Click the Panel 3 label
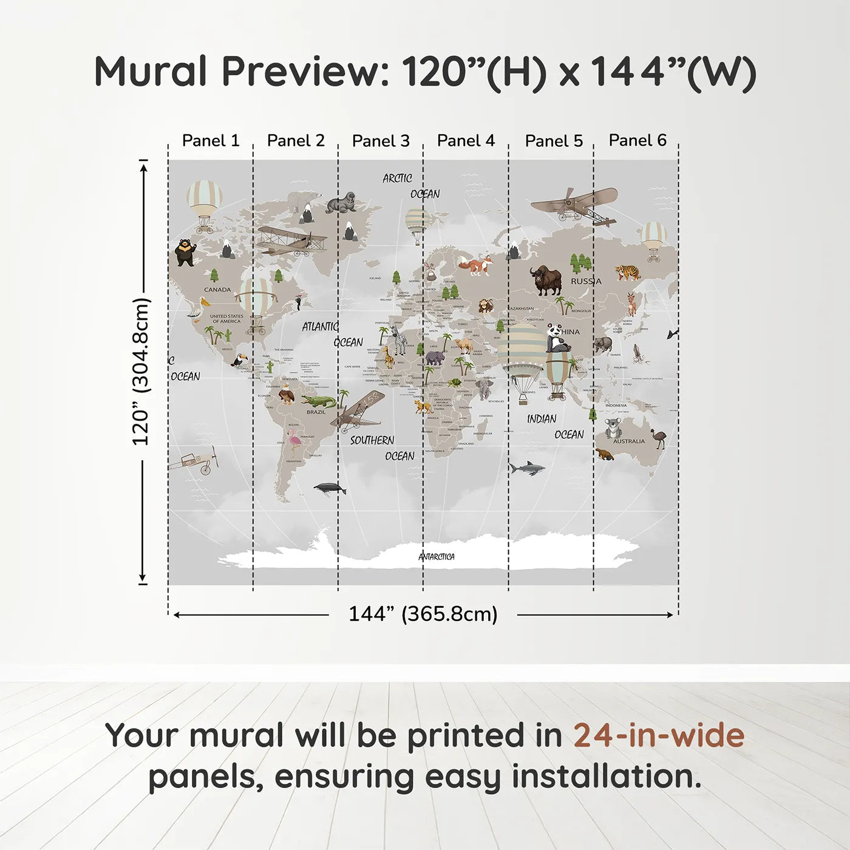click(381, 141)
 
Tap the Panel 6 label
click(637, 140)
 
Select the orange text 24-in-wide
click(659, 735)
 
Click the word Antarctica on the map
click(437, 556)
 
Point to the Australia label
click(629, 441)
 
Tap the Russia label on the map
click(586, 281)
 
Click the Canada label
click(217, 290)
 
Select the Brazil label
click(316, 412)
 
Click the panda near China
click(557, 339)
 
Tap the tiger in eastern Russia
click(627, 272)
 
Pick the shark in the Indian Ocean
click(526, 468)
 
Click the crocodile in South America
click(318, 401)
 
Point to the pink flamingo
click(294, 441)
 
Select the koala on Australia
click(613, 428)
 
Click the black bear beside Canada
click(185, 252)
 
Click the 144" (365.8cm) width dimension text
click(423, 614)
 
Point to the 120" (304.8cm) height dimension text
click(141, 372)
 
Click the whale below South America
click(330, 488)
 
